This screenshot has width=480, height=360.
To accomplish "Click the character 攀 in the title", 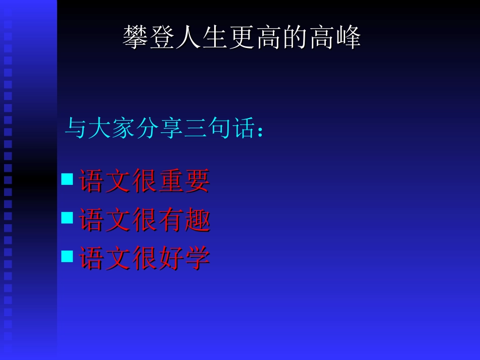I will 136,37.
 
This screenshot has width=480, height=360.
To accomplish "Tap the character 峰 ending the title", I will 348,37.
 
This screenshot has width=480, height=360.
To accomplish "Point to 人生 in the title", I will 189,37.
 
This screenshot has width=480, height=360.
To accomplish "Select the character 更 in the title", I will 242,37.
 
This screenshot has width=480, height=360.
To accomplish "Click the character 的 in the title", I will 295,37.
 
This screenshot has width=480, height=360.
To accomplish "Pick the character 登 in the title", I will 163,37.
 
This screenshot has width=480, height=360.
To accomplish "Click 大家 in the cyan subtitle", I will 111,129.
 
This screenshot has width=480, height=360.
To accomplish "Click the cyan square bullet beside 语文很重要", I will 67,179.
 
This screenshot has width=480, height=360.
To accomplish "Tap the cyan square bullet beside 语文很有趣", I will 67,218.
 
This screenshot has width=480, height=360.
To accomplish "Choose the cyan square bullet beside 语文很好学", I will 67,256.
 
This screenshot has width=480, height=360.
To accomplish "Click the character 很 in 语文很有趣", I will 145,220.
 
